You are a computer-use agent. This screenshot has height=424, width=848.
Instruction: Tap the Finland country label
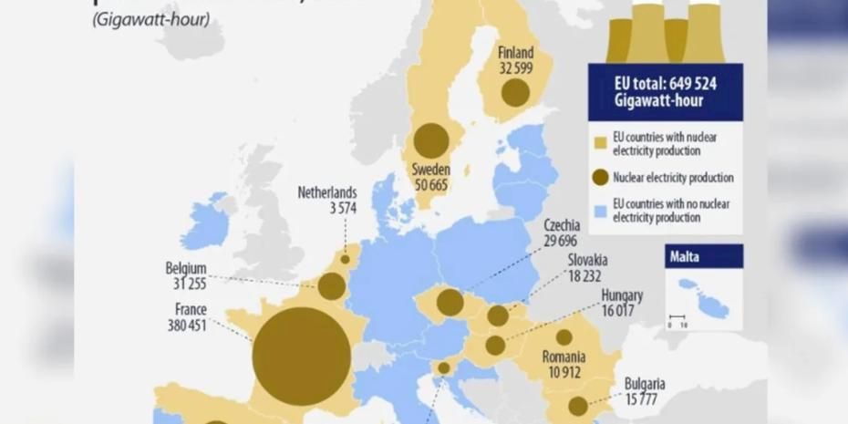point(516,53)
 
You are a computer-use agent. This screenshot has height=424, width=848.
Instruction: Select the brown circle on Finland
point(515,93)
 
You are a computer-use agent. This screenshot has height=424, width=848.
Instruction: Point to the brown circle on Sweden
point(431,141)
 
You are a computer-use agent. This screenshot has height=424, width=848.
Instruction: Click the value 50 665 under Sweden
point(430,186)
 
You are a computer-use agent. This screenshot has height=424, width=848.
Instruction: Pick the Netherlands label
point(326,193)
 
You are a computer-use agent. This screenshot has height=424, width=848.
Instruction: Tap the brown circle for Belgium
point(332,286)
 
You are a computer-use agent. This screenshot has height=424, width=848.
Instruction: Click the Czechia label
point(563,226)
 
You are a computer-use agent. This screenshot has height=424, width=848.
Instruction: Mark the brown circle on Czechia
point(450,303)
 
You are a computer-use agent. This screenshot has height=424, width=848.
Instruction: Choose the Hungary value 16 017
point(621,311)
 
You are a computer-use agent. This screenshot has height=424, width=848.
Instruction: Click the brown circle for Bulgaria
point(578,406)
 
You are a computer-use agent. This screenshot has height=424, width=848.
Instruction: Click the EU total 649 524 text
point(665,83)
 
